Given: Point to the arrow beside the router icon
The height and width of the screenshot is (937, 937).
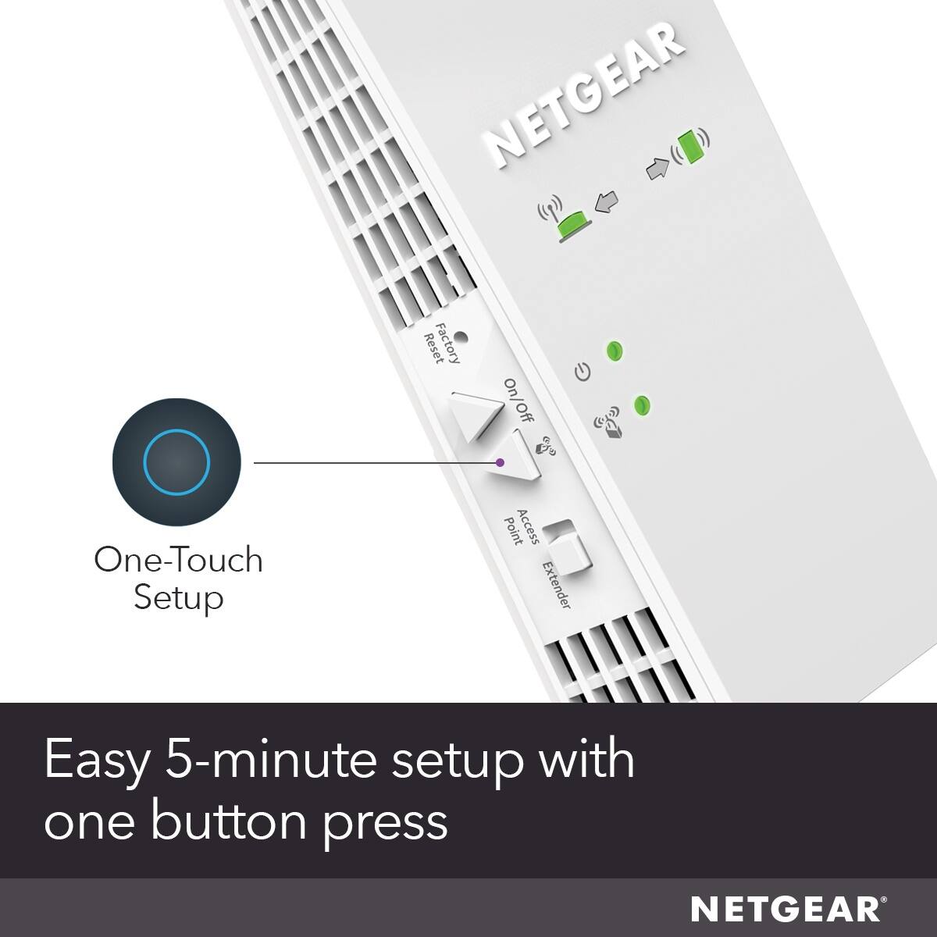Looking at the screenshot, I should tap(606, 204).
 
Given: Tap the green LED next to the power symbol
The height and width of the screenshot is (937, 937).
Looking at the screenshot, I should tap(615, 351).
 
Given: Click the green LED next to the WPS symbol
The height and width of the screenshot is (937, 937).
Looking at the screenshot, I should tap(642, 404).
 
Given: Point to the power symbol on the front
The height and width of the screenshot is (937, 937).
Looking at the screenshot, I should tap(583, 372).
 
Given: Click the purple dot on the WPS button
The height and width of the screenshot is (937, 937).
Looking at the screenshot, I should tap(501, 462).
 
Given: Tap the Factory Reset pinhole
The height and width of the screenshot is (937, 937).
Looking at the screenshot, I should tap(461, 338).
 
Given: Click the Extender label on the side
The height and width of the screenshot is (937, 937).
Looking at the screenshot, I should tap(557, 586).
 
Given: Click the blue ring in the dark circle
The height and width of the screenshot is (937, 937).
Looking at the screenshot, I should tap(177, 461).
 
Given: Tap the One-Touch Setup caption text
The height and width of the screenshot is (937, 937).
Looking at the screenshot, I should tap(178, 579).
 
